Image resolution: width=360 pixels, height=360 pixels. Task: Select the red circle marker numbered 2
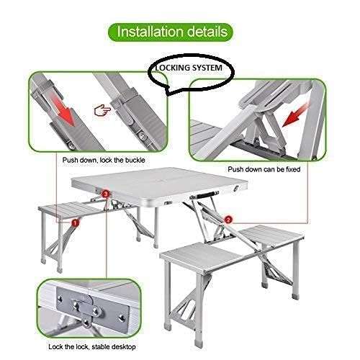click(228, 217)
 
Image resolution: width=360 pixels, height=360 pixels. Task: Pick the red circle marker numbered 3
click(105, 194)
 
